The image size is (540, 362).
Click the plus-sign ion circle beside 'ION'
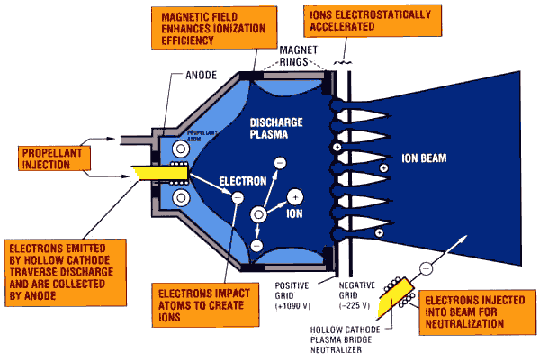[x=294, y=196]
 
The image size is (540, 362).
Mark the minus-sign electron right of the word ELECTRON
[x=238, y=195]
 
